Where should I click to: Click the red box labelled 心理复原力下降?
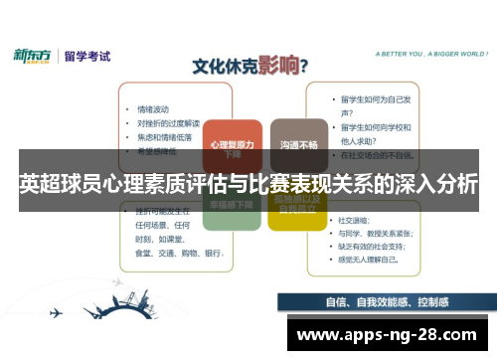[x=232, y=146]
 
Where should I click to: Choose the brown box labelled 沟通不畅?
[x=298, y=145]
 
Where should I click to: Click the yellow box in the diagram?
[x=297, y=206]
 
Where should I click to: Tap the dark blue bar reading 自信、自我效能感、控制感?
[x=385, y=303]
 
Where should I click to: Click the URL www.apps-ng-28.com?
[x=388, y=334]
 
